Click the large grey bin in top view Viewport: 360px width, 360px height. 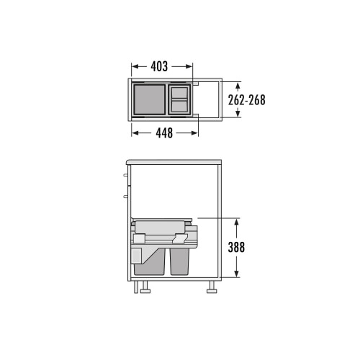149,100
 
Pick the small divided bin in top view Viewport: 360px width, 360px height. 180,99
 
